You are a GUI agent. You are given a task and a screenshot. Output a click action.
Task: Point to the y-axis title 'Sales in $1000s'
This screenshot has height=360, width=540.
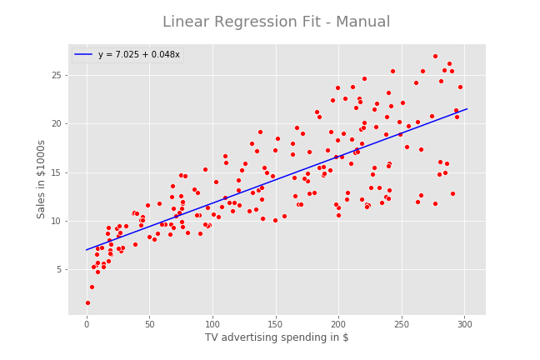pyautogui.click(x=41, y=179)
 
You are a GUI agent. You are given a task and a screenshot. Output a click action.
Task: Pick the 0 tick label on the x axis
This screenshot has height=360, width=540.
pyautogui.click(x=87, y=324)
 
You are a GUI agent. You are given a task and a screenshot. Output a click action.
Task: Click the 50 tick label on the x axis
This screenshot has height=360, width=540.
pyautogui.click(x=149, y=324)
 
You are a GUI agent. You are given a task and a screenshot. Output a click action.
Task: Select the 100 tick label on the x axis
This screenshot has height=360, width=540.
pyautogui.click(x=212, y=324)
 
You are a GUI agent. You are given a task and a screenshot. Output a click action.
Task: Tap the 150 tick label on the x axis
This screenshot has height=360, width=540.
pyautogui.click(x=276, y=324)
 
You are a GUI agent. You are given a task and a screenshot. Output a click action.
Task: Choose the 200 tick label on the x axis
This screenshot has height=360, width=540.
pyautogui.click(x=338, y=324)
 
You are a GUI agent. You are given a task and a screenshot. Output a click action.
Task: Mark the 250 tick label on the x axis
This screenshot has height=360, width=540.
pyautogui.click(x=402, y=324)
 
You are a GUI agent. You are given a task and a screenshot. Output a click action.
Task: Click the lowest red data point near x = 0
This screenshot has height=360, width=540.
pyautogui.click(x=87, y=302)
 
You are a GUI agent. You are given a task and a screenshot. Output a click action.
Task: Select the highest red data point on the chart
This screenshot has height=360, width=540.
pyautogui.click(x=435, y=57)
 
